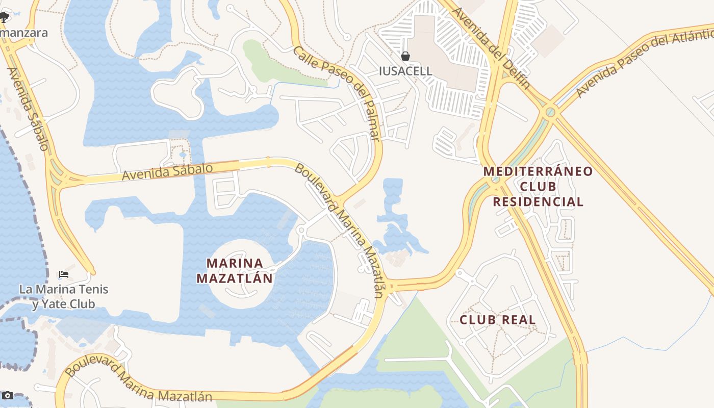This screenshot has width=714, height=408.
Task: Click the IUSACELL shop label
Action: (405, 71)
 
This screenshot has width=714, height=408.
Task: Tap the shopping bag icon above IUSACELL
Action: (405, 56)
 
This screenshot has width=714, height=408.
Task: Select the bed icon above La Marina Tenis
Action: (64, 274)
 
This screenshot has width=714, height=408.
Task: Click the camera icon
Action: (7, 396)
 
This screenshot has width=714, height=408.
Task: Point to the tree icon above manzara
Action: (4, 17)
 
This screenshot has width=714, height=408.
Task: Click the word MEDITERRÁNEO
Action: (538, 171)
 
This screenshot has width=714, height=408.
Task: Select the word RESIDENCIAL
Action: (538, 202)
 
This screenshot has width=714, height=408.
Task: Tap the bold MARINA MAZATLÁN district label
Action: (235, 271)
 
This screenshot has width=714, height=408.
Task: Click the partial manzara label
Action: (23, 33)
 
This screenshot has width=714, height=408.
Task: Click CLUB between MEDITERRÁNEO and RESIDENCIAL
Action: (538, 186)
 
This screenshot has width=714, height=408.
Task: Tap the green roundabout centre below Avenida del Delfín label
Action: (550, 111)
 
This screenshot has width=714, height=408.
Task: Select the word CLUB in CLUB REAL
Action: (478, 320)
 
